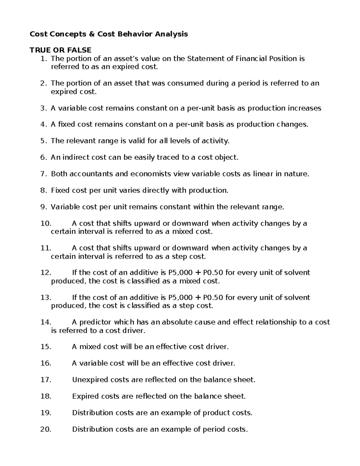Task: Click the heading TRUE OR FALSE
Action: pyautogui.click(x=60, y=50)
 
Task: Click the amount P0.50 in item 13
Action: pyautogui.click(x=213, y=298)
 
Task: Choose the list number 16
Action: pyautogui.click(x=46, y=363)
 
